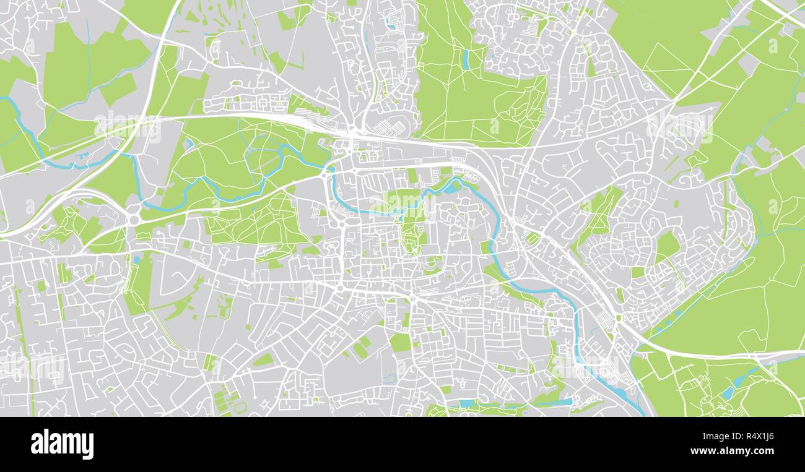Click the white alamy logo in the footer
(x=62, y=444)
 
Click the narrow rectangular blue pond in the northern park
(x=465, y=59)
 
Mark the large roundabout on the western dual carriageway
(x=133, y=220)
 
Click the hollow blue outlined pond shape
(x=388, y=378)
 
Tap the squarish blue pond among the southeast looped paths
(x=726, y=392)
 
